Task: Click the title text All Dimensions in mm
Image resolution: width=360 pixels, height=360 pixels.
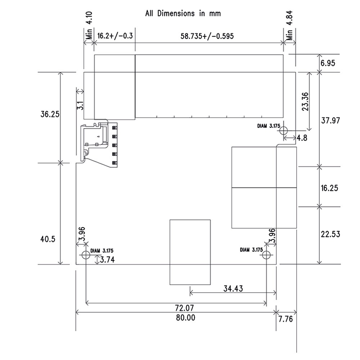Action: (x=183, y=14)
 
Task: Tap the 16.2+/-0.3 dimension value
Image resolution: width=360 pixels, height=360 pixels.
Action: (x=114, y=36)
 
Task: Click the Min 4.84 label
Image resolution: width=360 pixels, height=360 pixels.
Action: (x=290, y=25)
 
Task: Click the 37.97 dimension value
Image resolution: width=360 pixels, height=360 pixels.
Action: (x=330, y=121)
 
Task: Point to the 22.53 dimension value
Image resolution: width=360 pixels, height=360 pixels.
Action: (x=330, y=234)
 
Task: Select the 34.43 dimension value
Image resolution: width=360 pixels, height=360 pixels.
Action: (x=233, y=288)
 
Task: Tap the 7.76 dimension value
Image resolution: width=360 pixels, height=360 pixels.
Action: (x=285, y=318)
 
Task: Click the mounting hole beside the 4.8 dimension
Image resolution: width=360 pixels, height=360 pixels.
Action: (x=284, y=130)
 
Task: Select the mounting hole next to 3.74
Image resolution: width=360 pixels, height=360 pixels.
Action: (x=85, y=255)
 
